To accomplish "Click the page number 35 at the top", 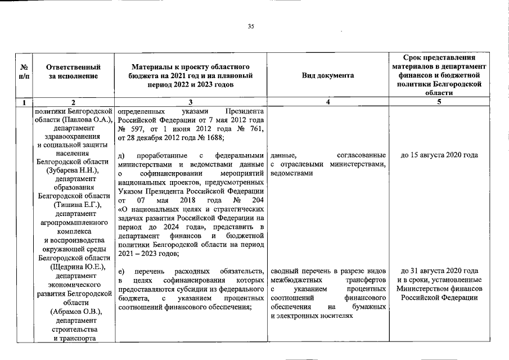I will (x=251, y=26).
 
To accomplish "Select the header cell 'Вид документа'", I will (x=328, y=75).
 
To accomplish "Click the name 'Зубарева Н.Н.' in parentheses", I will (x=74, y=170).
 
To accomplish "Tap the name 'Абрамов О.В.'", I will (x=74, y=311).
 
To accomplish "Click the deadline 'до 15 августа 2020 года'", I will (x=439, y=155).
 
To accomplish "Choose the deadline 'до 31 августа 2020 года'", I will (x=439, y=271).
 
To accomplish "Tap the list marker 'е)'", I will (x=122, y=271).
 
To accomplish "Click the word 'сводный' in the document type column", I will (x=285, y=271).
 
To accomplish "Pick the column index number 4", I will (x=328, y=102).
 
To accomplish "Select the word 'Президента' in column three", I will (x=245, y=111).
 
